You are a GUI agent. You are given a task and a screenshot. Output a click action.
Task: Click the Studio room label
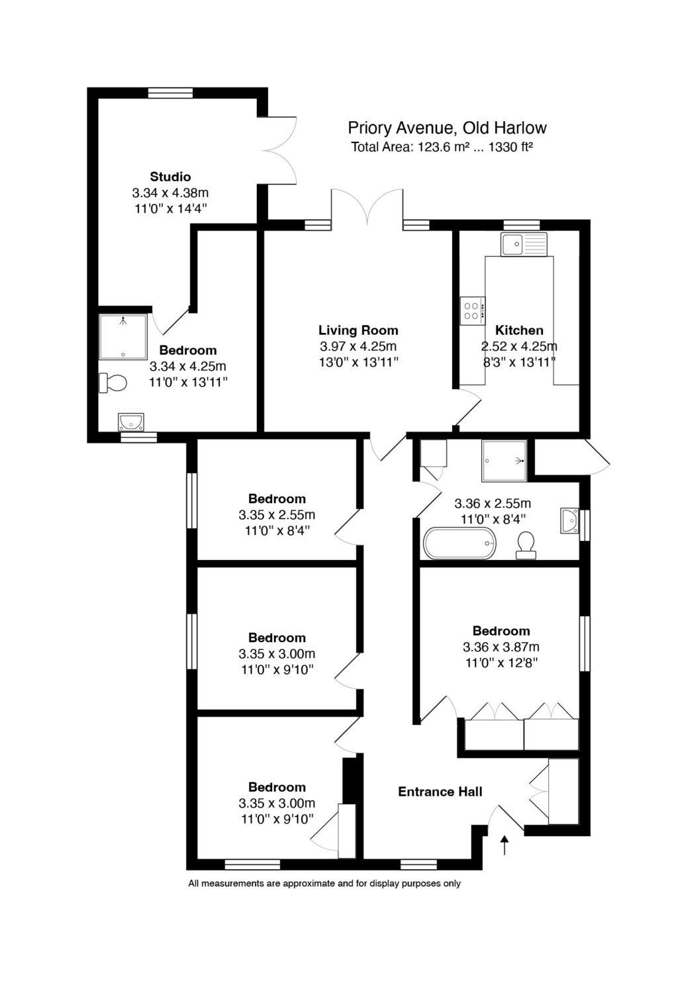point(170,177)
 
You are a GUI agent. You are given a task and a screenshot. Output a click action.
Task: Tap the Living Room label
point(358,330)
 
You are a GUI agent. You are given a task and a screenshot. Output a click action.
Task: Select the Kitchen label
point(519,330)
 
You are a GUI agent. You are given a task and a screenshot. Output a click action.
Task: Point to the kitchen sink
point(524,244)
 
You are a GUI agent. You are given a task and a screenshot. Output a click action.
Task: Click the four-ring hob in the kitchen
point(473,310)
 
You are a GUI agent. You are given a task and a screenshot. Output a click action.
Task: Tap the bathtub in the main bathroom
point(460,543)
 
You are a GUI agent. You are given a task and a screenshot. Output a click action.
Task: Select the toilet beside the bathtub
point(526,545)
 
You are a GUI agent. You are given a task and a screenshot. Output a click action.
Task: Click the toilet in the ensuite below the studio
point(113,383)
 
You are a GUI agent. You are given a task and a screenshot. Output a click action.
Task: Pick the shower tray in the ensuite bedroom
point(123,337)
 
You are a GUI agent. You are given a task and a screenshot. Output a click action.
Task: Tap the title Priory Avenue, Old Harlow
point(447,128)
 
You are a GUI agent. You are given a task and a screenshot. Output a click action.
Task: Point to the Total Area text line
point(442,147)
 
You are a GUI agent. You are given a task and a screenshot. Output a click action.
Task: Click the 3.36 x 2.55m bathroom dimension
point(493,504)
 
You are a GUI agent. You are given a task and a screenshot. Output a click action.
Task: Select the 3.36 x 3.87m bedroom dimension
point(501,647)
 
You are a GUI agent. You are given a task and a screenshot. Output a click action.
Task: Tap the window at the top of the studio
point(170,93)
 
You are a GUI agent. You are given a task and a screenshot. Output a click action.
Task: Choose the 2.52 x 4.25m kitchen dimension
point(519,346)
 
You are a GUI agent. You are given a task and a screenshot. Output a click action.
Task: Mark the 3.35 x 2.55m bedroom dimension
point(277,514)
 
